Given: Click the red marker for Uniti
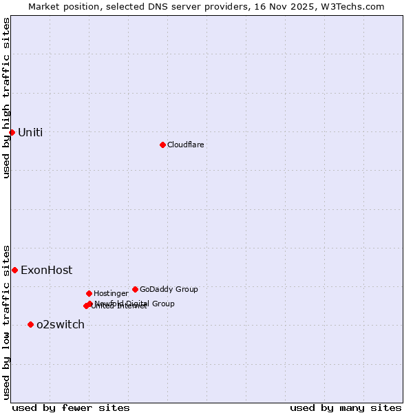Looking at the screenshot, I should point(12,132).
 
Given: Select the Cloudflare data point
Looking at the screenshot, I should point(162,145).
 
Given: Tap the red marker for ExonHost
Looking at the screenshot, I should point(14,270).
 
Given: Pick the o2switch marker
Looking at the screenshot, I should point(30,324).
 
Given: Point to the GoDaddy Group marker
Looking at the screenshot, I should point(135,289).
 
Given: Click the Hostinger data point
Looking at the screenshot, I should point(89,293).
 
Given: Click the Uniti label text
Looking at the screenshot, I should point(30,133).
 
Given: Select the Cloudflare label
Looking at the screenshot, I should point(185,145).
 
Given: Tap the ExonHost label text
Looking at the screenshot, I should point(46,271).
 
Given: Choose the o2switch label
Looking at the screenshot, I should point(61,325).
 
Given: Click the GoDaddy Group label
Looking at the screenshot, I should point(169,289).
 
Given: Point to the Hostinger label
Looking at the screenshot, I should point(111,293).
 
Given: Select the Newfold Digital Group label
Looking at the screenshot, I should point(135,304).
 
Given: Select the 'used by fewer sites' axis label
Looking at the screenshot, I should point(71,407).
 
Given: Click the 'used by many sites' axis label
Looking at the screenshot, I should point(346,407).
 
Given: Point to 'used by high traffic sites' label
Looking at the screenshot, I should point(6,98).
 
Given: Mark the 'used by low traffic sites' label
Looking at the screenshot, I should point(6,321).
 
